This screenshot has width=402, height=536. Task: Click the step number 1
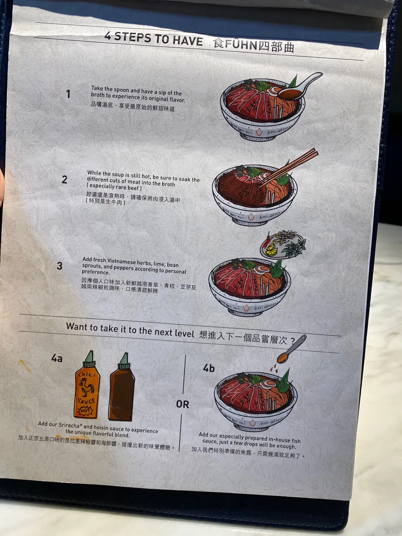pyautogui.click(x=68, y=94)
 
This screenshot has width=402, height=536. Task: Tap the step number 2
pyautogui.click(x=64, y=179)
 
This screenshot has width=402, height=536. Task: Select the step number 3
pyautogui.click(x=60, y=266)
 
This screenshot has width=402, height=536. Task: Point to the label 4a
pyautogui.click(x=57, y=358)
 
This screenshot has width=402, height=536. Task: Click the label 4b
pyautogui.click(x=209, y=368)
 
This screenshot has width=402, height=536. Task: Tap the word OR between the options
pyautogui.click(x=182, y=404)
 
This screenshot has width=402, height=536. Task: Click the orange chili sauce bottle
pyautogui.click(x=87, y=385)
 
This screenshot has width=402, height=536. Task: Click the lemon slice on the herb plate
pyautogui.click(x=271, y=249)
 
